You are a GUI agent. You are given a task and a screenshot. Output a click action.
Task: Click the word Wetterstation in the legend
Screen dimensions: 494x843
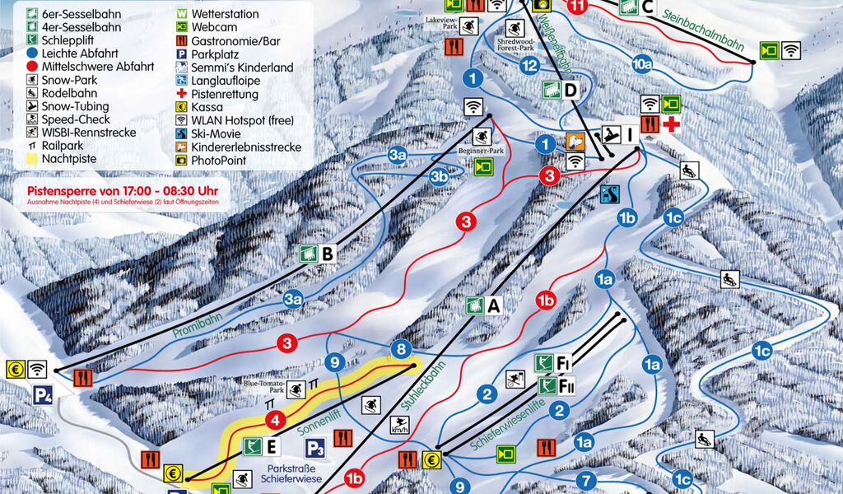pos(225,14)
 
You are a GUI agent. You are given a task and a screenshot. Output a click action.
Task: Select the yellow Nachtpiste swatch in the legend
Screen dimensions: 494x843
pos(31,160)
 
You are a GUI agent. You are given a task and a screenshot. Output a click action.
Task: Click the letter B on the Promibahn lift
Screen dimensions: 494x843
pos(328,254)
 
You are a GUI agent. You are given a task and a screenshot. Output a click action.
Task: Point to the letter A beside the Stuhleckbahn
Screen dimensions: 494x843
pos(494,306)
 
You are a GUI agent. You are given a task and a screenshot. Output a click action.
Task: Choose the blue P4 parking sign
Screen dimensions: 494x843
pos(43,395)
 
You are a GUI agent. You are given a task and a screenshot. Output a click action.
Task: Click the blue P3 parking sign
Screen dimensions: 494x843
pos(314,448)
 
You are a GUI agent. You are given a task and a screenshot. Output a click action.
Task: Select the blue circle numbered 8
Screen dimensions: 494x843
pos(402,349)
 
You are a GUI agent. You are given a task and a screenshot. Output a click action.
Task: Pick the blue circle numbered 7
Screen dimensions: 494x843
pos(586,480)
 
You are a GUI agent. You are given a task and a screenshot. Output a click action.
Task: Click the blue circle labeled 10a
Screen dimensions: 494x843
pos(642,63)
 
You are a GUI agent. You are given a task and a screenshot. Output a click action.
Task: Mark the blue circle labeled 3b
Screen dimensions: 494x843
pos(439,176)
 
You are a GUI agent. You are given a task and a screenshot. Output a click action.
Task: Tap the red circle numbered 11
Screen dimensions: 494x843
pos(579,7)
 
